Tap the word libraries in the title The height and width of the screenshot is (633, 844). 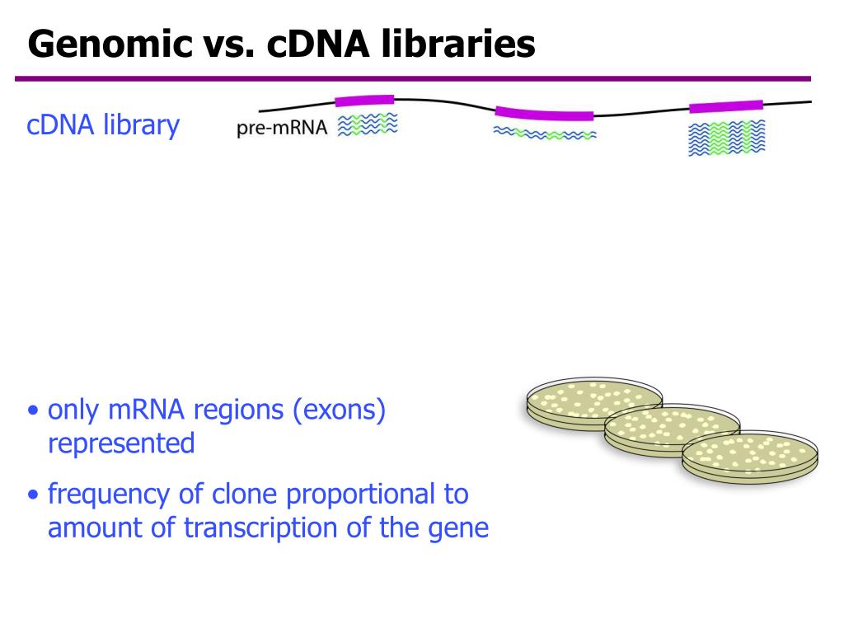point(458,44)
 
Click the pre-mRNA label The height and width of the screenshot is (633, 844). point(282,128)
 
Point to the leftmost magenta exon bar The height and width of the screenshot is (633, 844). point(364,101)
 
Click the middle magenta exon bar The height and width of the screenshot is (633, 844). point(544,113)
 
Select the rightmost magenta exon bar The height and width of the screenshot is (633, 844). point(725,106)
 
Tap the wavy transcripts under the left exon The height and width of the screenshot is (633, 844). point(368,124)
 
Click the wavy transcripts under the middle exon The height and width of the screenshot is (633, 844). point(545,134)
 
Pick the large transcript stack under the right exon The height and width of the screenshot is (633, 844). point(726,138)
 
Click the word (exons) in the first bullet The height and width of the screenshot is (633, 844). point(340,410)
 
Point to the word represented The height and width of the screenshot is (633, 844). point(121,443)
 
